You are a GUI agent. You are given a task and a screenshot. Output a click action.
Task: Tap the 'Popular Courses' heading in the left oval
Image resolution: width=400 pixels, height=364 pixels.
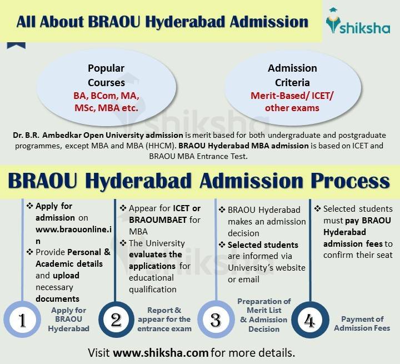pos(106,76)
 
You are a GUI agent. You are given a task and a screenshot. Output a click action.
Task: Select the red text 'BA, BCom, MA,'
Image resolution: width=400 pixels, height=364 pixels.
pos(106,96)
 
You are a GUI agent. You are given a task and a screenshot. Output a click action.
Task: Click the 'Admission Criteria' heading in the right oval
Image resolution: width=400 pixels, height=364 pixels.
pos(292,76)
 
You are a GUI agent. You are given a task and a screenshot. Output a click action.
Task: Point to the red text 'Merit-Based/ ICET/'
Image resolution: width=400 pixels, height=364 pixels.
pos(292,96)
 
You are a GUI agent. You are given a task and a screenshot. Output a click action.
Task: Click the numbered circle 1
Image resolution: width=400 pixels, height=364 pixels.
pos(22,321)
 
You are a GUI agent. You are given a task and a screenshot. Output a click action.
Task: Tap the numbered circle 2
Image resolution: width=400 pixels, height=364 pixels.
pos(116,321)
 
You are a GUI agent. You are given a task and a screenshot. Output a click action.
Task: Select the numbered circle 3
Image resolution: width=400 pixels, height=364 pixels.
pos(214,321)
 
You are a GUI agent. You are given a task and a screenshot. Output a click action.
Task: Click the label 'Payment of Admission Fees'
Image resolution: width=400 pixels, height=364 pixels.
pos(362,323)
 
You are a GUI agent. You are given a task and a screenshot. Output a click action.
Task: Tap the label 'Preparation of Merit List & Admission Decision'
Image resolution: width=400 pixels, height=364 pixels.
pos(264,315)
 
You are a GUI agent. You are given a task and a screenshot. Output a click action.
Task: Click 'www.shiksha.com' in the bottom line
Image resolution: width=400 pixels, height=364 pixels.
pos(161,353)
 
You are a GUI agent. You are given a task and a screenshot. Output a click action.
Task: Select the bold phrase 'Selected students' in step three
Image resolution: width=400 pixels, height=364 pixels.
pos(263,245)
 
